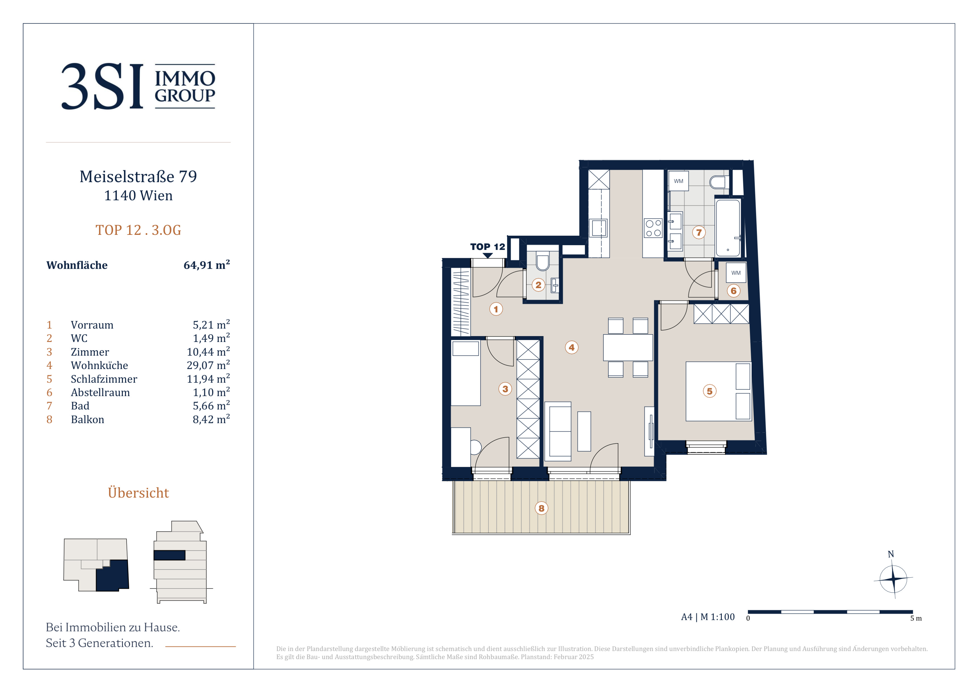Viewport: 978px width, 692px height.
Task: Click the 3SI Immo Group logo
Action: tap(138, 86)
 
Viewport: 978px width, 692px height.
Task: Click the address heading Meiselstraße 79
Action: tap(138, 176)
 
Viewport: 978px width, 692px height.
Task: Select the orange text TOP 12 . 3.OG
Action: tap(138, 230)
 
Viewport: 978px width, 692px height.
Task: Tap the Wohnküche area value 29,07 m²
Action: tap(208, 365)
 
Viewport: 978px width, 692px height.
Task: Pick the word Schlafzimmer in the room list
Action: tap(104, 379)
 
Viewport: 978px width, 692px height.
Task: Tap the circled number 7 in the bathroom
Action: tap(699, 232)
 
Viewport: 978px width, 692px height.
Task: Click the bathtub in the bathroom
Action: tap(728, 228)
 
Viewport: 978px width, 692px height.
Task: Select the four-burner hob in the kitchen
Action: tap(653, 228)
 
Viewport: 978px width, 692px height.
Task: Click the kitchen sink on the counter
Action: tap(599, 228)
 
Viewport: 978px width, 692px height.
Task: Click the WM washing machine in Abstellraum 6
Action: tap(736, 273)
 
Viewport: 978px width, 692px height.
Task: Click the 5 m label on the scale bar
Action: tap(916, 618)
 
